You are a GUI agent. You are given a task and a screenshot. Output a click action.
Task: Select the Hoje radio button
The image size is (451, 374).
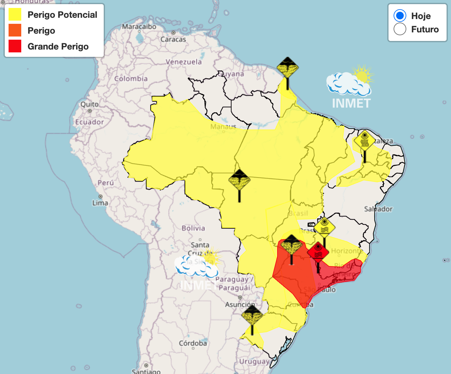pyautogui.click(x=400, y=16)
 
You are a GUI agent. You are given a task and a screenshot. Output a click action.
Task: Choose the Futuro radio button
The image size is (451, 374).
pyautogui.click(x=400, y=29)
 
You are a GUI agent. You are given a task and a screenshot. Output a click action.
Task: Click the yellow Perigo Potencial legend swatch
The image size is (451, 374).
pyautogui.click(x=15, y=15)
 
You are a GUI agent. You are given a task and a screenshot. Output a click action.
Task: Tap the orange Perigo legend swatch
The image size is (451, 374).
pyautogui.click(x=15, y=30)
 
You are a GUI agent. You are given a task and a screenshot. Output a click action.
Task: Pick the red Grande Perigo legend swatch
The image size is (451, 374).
pyautogui.click(x=15, y=46)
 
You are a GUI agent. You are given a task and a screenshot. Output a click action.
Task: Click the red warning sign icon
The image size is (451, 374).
pyautogui.click(x=318, y=252)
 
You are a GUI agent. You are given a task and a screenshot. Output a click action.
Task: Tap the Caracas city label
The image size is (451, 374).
pyautogui.click(x=173, y=39)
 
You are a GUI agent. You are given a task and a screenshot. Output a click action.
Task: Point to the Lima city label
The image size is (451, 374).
pyautogui.click(x=100, y=203)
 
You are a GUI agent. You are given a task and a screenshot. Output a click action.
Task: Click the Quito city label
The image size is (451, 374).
pyautogui.click(x=89, y=104)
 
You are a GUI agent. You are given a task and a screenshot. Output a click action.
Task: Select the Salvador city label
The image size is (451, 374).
pyautogui.click(x=378, y=209)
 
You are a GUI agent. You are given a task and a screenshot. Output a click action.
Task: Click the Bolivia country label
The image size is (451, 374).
pyautogui.click(x=193, y=228)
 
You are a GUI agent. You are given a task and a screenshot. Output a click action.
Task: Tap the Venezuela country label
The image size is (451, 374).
pyautogui.click(x=184, y=62)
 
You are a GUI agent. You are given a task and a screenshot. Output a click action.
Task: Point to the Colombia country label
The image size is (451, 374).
pyautogui.click(x=131, y=78)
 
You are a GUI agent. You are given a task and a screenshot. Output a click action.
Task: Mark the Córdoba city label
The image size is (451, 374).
pyautogui.click(x=193, y=343)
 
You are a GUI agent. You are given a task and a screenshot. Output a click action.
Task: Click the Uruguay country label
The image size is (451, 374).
pyautogui.click(x=254, y=362)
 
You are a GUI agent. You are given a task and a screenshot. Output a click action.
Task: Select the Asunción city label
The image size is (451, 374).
pyautogui.click(x=240, y=304)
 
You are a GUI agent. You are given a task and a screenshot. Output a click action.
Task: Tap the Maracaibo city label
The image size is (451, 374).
pyautogui.click(x=139, y=27)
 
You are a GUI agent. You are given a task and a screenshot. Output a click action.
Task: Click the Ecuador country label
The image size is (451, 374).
pyautogui.click(x=89, y=122)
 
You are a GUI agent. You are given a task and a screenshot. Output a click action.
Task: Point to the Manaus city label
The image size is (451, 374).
pyautogui.click(x=223, y=127)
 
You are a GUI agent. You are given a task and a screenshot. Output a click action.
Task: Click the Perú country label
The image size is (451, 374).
pyautogui.click(x=106, y=183)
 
